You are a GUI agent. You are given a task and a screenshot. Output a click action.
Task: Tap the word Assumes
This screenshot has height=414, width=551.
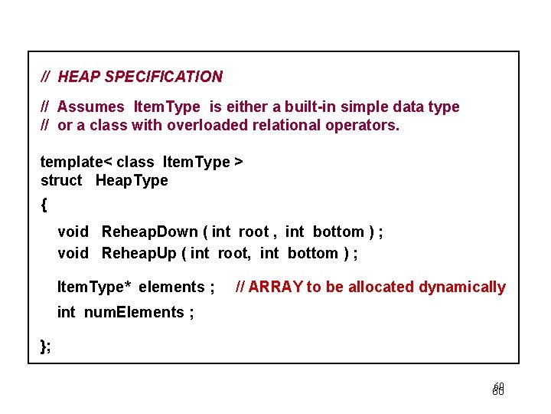90,107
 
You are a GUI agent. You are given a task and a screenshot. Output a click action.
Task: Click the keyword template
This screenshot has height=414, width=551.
71,162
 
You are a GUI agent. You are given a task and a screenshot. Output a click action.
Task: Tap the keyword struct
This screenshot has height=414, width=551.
61,180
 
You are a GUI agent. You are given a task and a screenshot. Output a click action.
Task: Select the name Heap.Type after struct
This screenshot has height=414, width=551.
132,180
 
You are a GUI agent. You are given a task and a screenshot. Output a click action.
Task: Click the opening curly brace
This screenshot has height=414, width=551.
44,205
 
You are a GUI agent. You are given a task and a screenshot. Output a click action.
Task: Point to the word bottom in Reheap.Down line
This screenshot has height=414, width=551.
338,232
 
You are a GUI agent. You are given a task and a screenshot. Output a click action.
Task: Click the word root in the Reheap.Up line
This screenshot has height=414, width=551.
236,253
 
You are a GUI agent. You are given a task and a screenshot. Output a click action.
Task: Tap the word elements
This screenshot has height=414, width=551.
172,287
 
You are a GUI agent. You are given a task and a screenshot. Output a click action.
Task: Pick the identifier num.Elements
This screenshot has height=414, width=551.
133,312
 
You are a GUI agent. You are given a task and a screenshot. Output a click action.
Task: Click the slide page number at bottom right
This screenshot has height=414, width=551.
498,389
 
